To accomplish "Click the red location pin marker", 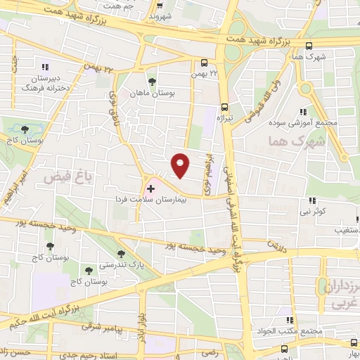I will point(181,165).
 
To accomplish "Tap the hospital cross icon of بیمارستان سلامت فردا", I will point(150,189).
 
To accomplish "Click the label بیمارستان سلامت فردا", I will point(152,200).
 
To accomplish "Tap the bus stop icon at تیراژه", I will point(224,108).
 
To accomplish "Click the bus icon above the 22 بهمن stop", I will point(203,63).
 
